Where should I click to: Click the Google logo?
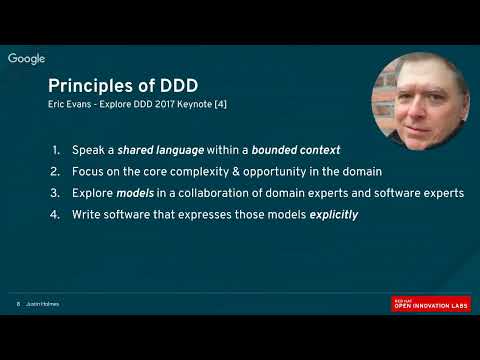point(27,59)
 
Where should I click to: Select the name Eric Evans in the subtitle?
point(70,104)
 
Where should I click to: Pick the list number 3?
point(58,193)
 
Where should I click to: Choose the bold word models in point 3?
point(128,193)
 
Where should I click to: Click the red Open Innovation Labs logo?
point(430,303)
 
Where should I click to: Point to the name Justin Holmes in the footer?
point(43,304)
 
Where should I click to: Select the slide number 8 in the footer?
point(18,304)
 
